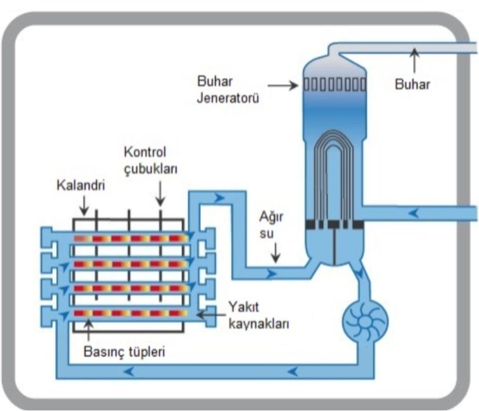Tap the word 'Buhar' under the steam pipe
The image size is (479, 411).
(412, 84)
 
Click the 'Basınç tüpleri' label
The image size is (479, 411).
(122, 351)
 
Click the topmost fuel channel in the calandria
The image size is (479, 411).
(131, 239)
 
